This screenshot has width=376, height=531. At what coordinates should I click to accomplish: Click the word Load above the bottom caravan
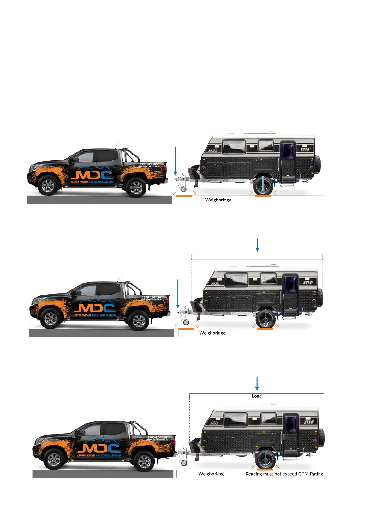pyautogui.click(x=257, y=396)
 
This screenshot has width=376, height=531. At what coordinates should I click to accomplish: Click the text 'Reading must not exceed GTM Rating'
pyautogui.click(x=284, y=474)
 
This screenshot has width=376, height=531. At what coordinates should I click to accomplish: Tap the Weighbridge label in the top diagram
pyautogui.click(x=218, y=200)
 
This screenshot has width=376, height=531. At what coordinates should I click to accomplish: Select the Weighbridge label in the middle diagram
pyautogui.click(x=212, y=333)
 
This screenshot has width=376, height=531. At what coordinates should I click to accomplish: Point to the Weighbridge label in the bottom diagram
pyautogui.click(x=211, y=474)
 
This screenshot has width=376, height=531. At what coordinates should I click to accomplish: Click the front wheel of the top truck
pyautogui.click(x=48, y=186)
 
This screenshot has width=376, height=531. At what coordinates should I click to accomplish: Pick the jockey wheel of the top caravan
pyautogui.click(x=183, y=189)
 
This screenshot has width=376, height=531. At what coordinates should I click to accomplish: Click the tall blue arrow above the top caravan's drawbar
pyautogui.click(x=175, y=160)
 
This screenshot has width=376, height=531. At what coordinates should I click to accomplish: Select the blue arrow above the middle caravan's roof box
pyautogui.click(x=257, y=245)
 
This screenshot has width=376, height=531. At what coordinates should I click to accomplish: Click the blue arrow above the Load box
pyautogui.click(x=257, y=384)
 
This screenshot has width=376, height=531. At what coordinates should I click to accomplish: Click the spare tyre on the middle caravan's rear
pyautogui.click(x=320, y=297)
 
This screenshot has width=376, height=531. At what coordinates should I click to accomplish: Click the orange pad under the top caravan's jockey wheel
pyautogui.click(x=184, y=196)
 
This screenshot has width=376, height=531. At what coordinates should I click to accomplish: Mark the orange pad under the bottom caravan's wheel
pyautogui.click(x=265, y=470)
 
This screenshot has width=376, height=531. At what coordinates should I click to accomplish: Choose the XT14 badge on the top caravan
pyautogui.click(x=305, y=149)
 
